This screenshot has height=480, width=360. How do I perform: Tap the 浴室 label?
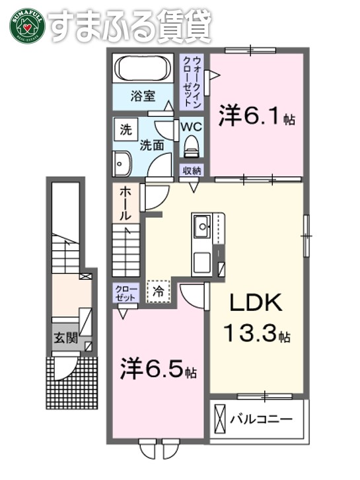click(142, 96)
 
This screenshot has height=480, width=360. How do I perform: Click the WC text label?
click(192, 125)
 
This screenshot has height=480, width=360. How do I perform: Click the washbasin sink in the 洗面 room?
click(122, 162)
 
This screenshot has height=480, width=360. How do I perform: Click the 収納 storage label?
click(192, 170)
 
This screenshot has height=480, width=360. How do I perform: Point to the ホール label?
click(126, 203)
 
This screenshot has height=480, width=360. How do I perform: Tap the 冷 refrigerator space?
click(159, 290)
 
